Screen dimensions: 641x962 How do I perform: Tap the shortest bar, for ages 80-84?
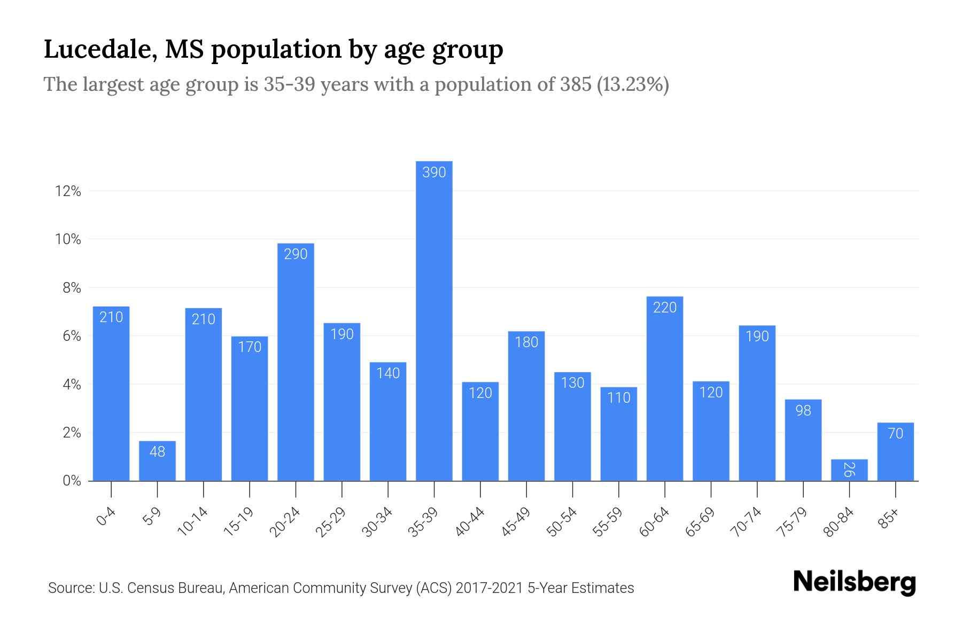click(849, 471)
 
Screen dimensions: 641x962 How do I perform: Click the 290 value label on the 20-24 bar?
click(296, 254)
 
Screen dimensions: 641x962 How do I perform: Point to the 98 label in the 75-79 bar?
click(803, 411)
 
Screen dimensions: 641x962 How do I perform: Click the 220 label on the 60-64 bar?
click(665, 308)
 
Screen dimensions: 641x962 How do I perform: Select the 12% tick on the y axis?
click(68, 191)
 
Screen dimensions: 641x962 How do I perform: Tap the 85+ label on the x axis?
click(889, 519)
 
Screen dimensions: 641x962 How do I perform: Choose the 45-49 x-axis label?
click(516, 522)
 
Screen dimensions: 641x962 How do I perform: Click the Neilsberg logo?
click(854, 582)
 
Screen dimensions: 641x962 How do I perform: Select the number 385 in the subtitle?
click(576, 84)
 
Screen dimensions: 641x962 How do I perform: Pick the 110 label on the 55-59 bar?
click(619, 398)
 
